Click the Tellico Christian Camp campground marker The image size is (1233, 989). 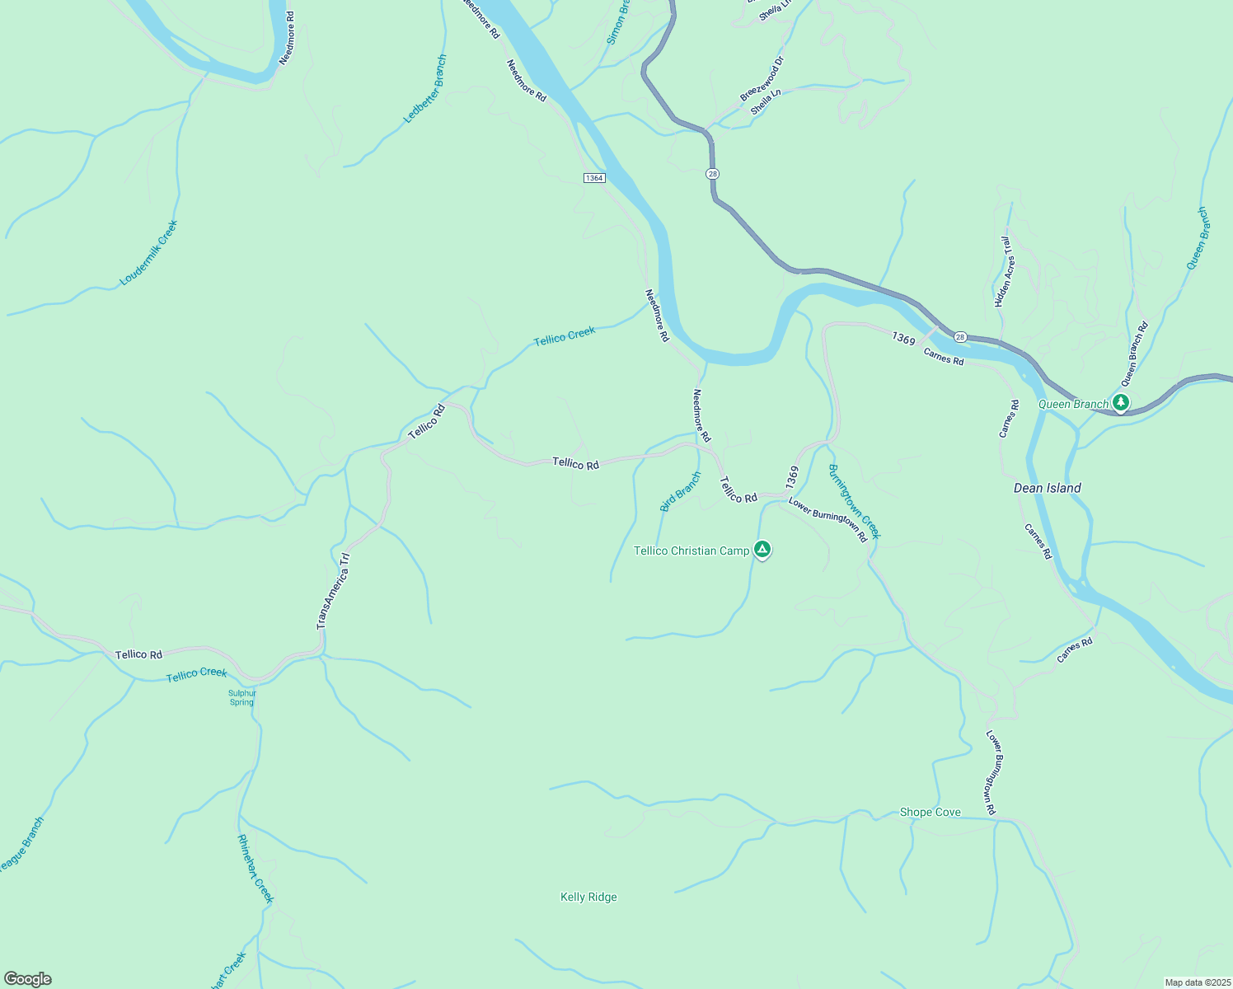[x=762, y=550]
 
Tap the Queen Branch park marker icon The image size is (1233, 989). [x=1120, y=403]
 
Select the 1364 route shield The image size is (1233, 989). [x=594, y=178]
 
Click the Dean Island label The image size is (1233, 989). [x=1047, y=488]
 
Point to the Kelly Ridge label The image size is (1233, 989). [x=588, y=897]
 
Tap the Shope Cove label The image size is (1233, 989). [x=930, y=812]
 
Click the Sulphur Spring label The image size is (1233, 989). [x=242, y=697]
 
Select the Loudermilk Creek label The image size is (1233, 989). [x=148, y=253]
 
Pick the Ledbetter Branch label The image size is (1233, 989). [x=425, y=89]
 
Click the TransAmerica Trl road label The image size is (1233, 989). [x=334, y=591]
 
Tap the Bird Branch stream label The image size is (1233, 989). [x=681, y=491]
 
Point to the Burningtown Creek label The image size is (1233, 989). [x=855, y=501]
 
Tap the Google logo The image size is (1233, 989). [x=27, y=979]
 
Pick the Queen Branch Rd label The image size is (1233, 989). [x=1134, y=354]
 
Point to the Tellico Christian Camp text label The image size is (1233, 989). [x=691, y=551]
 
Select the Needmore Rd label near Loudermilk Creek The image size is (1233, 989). [x=287, y=38]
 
